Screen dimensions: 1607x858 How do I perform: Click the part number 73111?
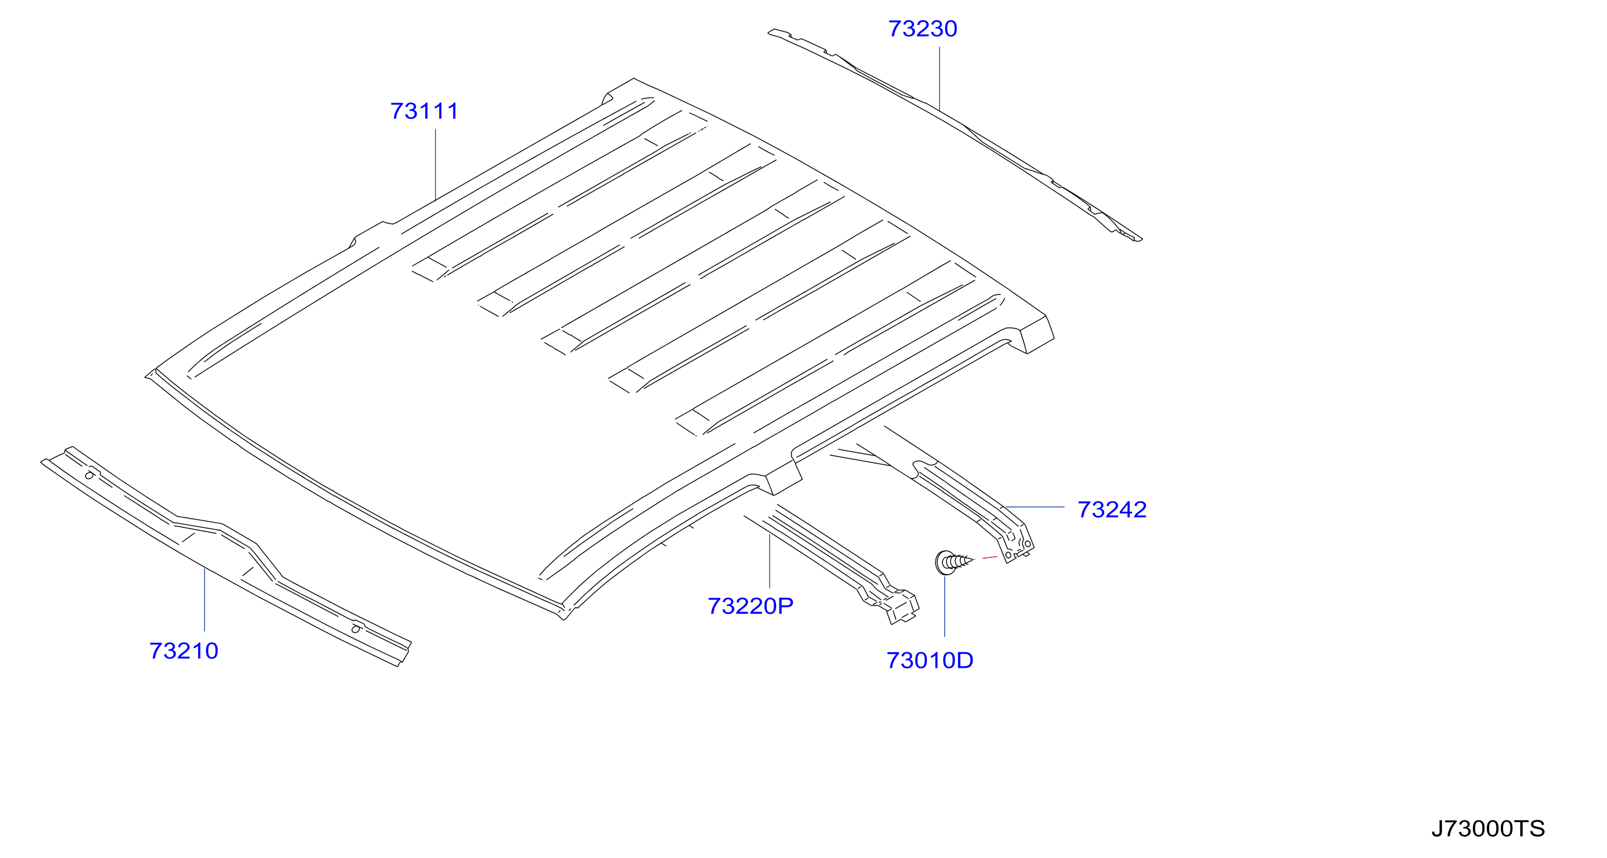(424, 111)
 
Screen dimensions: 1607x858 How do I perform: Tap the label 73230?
(923, 29)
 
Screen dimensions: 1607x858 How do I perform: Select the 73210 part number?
(184, 651)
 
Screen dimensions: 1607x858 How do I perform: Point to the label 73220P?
(751, 606)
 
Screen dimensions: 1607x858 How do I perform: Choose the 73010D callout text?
(930, 660)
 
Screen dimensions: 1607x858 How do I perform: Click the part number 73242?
(1112, 510)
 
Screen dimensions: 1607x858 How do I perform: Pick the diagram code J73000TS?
(1488, 829)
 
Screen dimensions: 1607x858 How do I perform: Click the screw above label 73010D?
(953, 562)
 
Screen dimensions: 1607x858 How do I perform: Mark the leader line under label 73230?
(940, 79)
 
